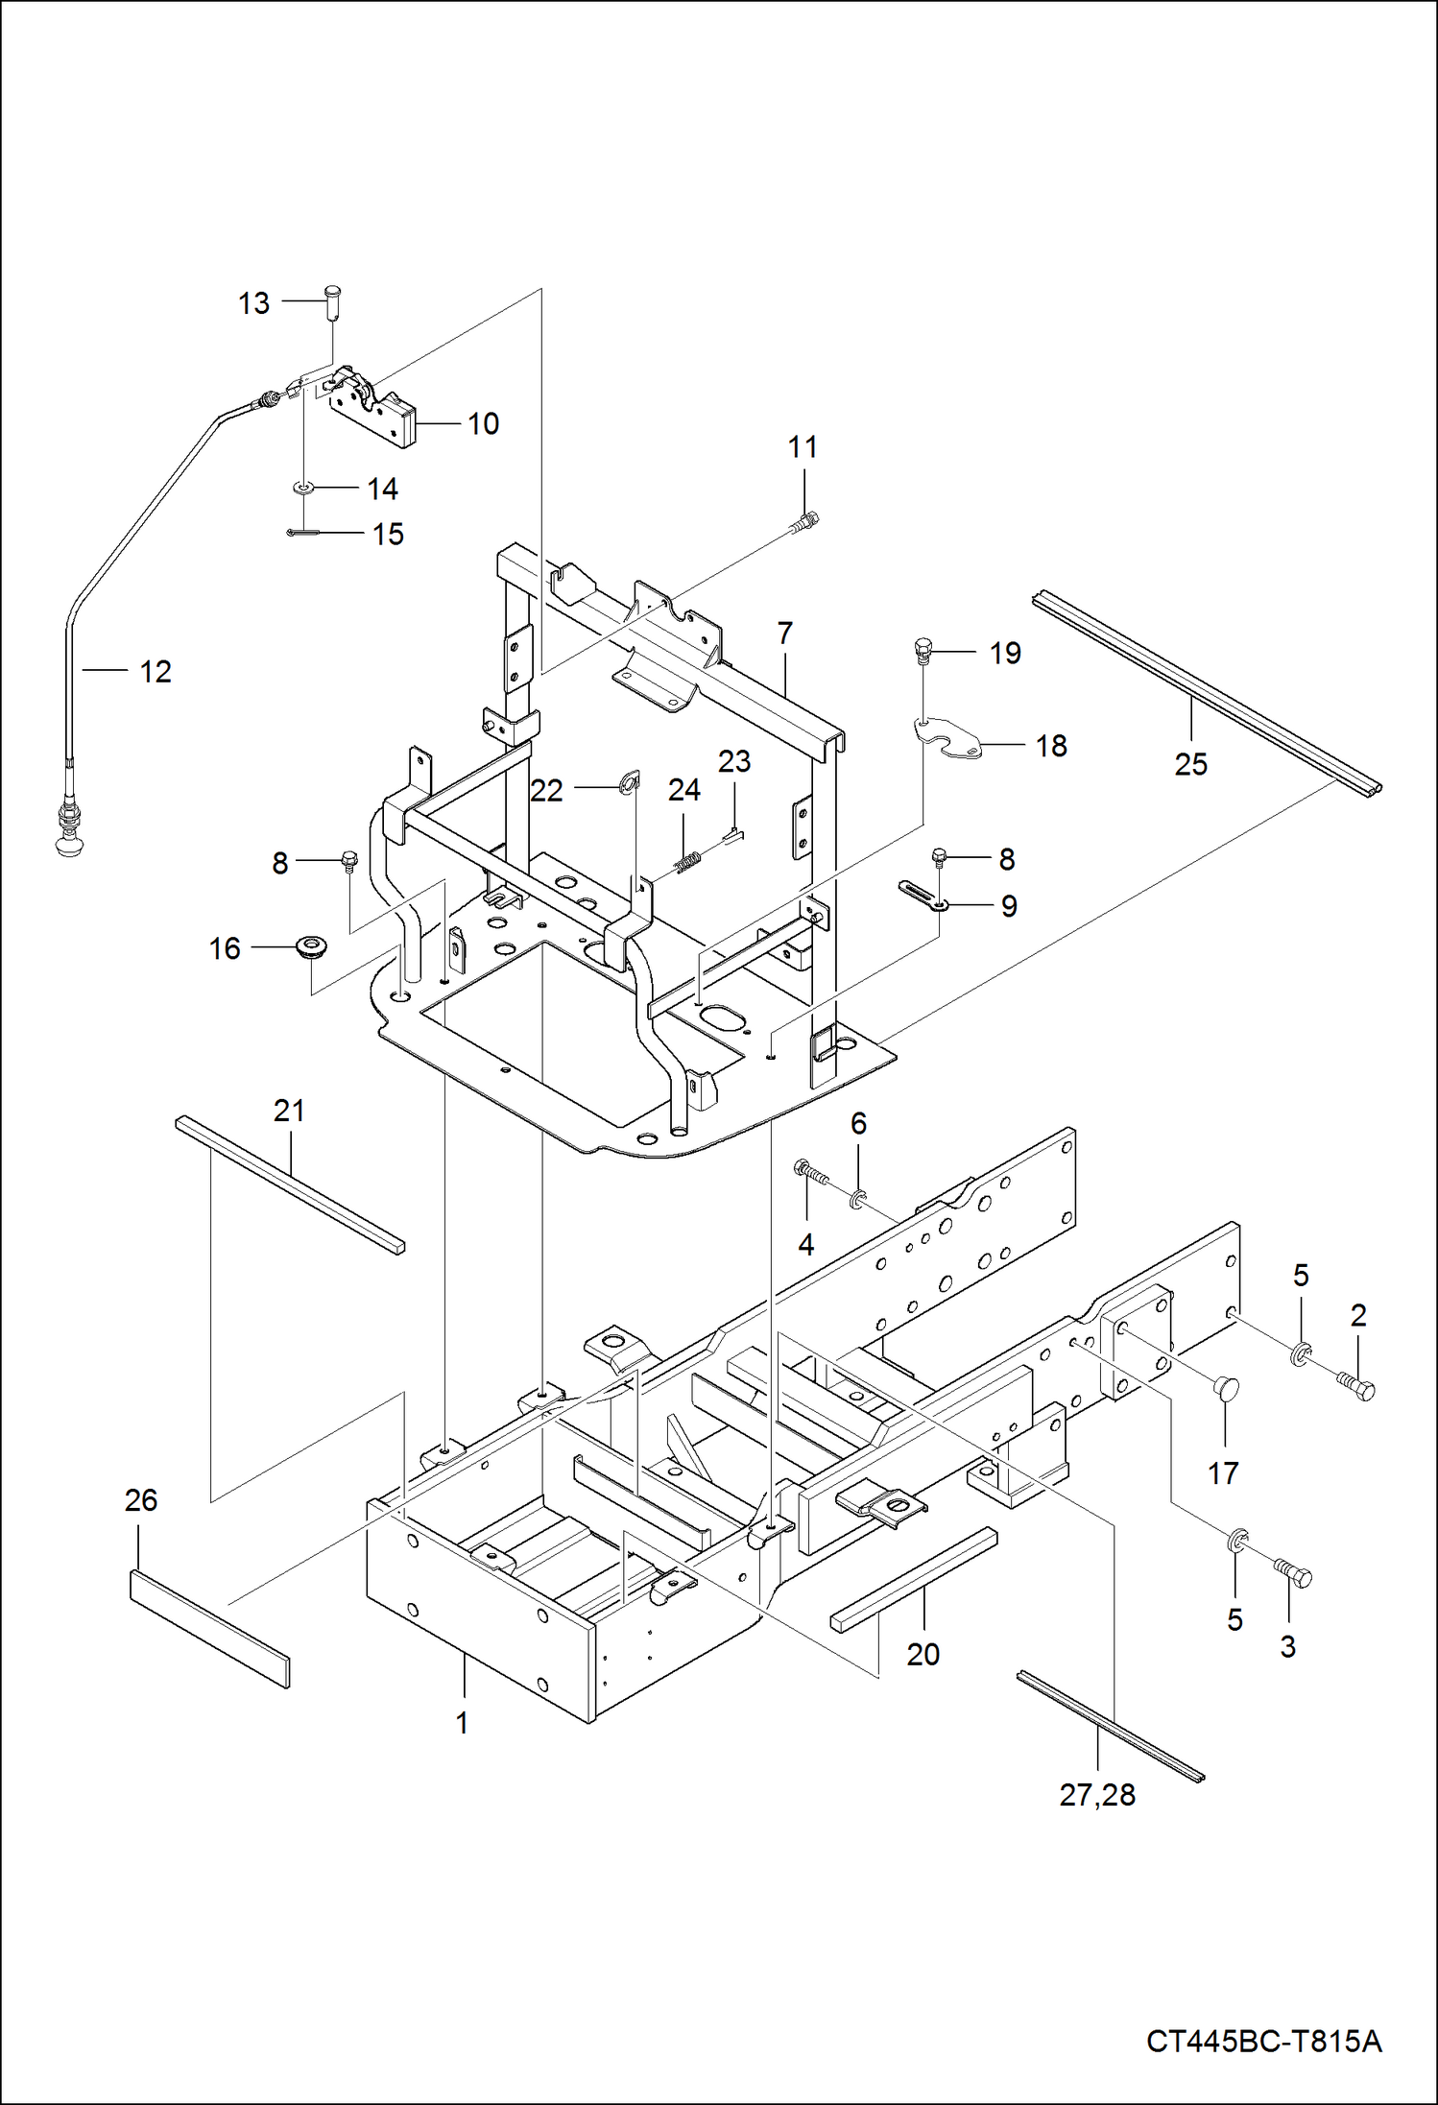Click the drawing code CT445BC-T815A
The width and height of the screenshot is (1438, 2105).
coord(1263,2041)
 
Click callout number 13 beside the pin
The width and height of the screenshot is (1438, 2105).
coord(253,303)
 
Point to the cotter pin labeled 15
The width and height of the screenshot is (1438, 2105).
coord(301,533)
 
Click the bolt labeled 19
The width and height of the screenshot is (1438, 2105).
coord(922,652)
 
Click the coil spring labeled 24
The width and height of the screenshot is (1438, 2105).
coord(687,863)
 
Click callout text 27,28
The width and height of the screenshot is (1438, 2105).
coord(1097,1795)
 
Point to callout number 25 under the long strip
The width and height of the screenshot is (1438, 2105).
coord(1190,764)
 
